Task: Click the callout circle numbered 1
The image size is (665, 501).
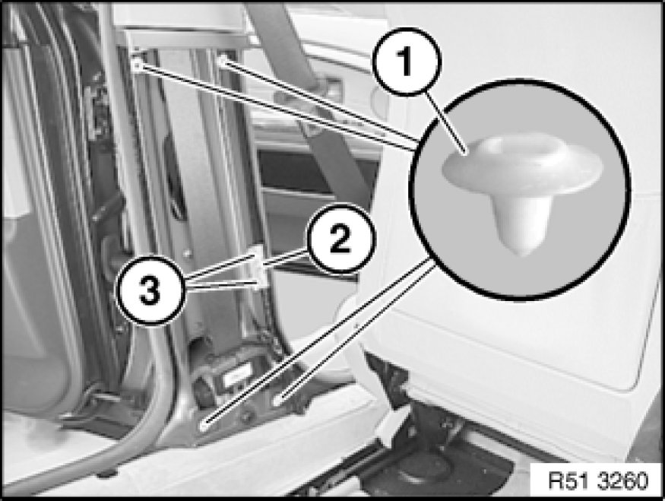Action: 407,62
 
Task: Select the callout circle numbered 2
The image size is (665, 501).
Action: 340,239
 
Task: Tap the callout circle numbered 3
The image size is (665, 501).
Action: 150,290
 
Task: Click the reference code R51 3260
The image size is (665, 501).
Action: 598,481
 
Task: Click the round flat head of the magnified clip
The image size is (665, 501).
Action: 521,163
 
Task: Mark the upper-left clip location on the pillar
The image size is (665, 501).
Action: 137,65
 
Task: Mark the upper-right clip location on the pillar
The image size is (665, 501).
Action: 221,62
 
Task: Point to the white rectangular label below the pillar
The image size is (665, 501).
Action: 236,375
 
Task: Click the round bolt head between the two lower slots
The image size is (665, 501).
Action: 245,415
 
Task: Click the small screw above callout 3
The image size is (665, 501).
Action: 187,253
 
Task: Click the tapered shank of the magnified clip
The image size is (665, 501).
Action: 521,220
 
